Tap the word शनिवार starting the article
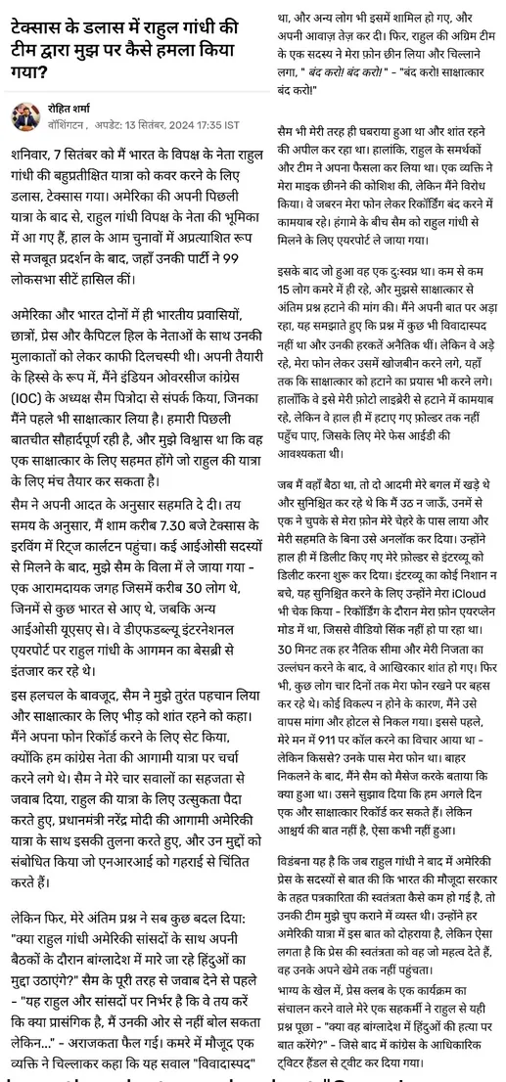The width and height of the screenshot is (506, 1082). (35, 153)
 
